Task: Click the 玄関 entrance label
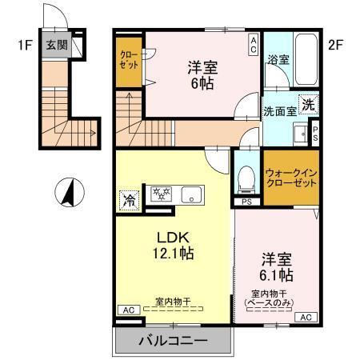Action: pos(55,46)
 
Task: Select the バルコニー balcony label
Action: pos(174,341)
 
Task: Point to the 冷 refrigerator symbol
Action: pos(128,199)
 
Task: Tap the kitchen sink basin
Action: pos(192,194)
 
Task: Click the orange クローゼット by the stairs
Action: pos(129,62)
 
